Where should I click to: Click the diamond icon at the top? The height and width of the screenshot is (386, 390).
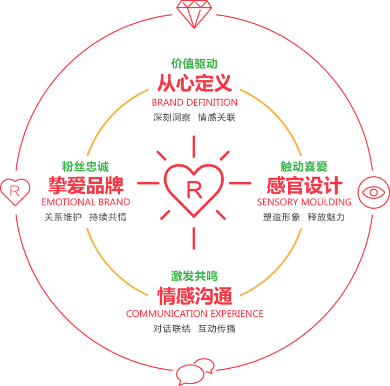(194, 13)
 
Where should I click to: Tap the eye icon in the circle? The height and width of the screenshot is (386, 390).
(374, 192)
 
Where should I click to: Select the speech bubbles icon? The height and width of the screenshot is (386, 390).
(195, 372)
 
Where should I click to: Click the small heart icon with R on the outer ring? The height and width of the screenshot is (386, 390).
(15, 192)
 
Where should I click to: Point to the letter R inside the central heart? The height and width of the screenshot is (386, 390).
(194, 190)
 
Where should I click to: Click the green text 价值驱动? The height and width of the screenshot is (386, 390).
(194, 64)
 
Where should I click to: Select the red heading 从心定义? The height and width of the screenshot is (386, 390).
(195, 83)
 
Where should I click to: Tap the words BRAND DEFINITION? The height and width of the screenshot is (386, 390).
(195, 102)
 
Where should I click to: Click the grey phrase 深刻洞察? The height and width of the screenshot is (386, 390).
(172, 118)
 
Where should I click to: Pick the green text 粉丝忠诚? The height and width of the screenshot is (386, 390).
(86, 166)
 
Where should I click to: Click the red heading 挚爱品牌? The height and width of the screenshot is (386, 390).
(86, 185)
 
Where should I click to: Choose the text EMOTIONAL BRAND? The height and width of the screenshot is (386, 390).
(86, 202)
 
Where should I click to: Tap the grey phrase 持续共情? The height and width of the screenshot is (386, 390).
(108, 217)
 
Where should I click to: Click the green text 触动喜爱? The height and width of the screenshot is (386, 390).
(304, 166)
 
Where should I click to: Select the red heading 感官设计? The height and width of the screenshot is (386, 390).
(304, 185)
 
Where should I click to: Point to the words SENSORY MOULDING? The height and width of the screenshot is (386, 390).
(304, 202)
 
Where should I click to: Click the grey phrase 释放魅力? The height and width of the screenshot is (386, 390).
(326, 217)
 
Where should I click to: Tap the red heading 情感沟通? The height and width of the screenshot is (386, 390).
(195, 295)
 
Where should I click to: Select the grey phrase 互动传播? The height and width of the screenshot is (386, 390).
(217, 328)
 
